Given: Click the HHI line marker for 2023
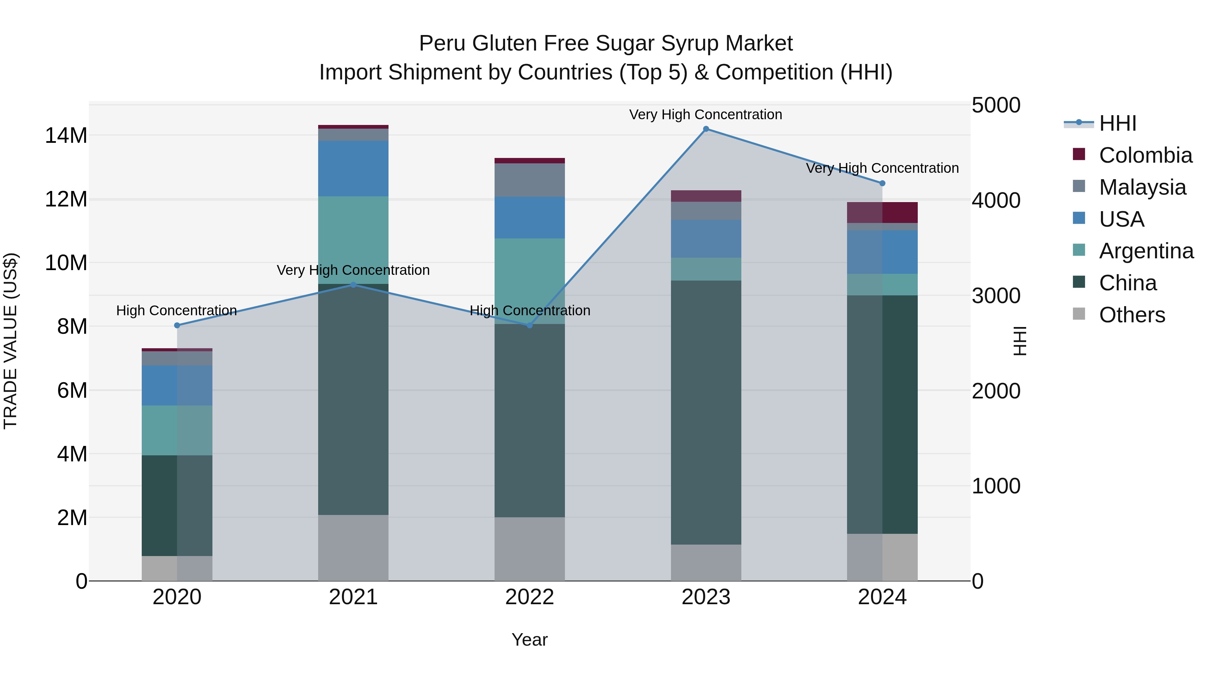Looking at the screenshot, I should (x=706, y=129).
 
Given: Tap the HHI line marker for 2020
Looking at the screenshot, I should (x=177, y=325).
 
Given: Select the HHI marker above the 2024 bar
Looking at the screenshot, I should (x=882, y=183).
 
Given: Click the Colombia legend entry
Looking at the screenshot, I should (x=1145, y=155).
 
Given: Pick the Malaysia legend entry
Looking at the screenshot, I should (x=1142, y=187).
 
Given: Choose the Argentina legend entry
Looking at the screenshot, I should (x=1146, y=251).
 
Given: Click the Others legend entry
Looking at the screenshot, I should (x=1132, y=315).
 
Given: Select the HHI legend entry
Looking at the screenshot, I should (x=1117, y=123).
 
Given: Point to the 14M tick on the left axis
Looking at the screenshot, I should (x=66, y=135).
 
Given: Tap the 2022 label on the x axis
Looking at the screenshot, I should (x=529, y=597).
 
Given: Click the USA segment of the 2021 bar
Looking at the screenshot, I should (x=353, y=168).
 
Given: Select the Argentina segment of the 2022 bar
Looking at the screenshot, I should (x=529, y=281).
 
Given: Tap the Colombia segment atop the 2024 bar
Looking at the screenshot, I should (x=882, y=212).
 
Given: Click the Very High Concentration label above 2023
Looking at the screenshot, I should (x=705, y=115).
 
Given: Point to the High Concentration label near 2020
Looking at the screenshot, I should (x=176, y=311).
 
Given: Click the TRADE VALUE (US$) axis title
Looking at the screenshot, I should (x=10, y=341).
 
